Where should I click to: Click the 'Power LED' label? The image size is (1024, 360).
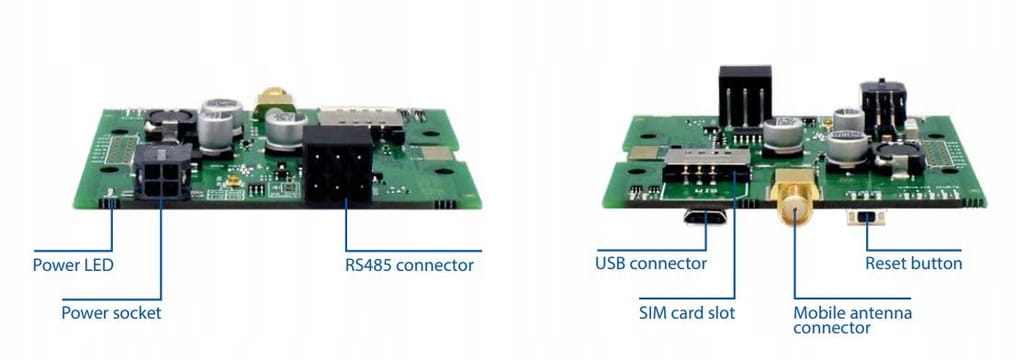[73, 265]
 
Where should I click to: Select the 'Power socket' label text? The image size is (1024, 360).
[111, 313]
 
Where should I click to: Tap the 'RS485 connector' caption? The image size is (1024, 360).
[409, 266]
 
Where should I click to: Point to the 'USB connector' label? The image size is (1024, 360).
[651, 264]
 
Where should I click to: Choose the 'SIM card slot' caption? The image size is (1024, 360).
[687, 313]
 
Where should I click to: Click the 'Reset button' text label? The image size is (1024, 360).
[914, 264]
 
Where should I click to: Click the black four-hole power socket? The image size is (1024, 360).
[162, 172]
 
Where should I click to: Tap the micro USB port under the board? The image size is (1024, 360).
[705, 216]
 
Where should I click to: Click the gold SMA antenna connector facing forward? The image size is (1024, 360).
[794, 199]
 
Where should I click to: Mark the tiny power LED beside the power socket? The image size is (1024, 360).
[111, 192]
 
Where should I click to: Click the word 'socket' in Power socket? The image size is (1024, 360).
[137, 313]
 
